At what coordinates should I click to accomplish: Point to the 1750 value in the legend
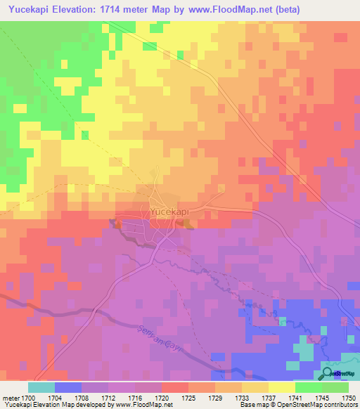click(x=348, y=397)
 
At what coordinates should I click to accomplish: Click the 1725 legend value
click(x=188, y=397)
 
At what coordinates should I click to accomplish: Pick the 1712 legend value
click(x=109, y=397)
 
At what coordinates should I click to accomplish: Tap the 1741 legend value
click(x=295, y=397)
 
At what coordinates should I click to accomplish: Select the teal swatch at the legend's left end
click(x=41, y=387)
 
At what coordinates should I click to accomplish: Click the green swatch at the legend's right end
click(x=335, y=387)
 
